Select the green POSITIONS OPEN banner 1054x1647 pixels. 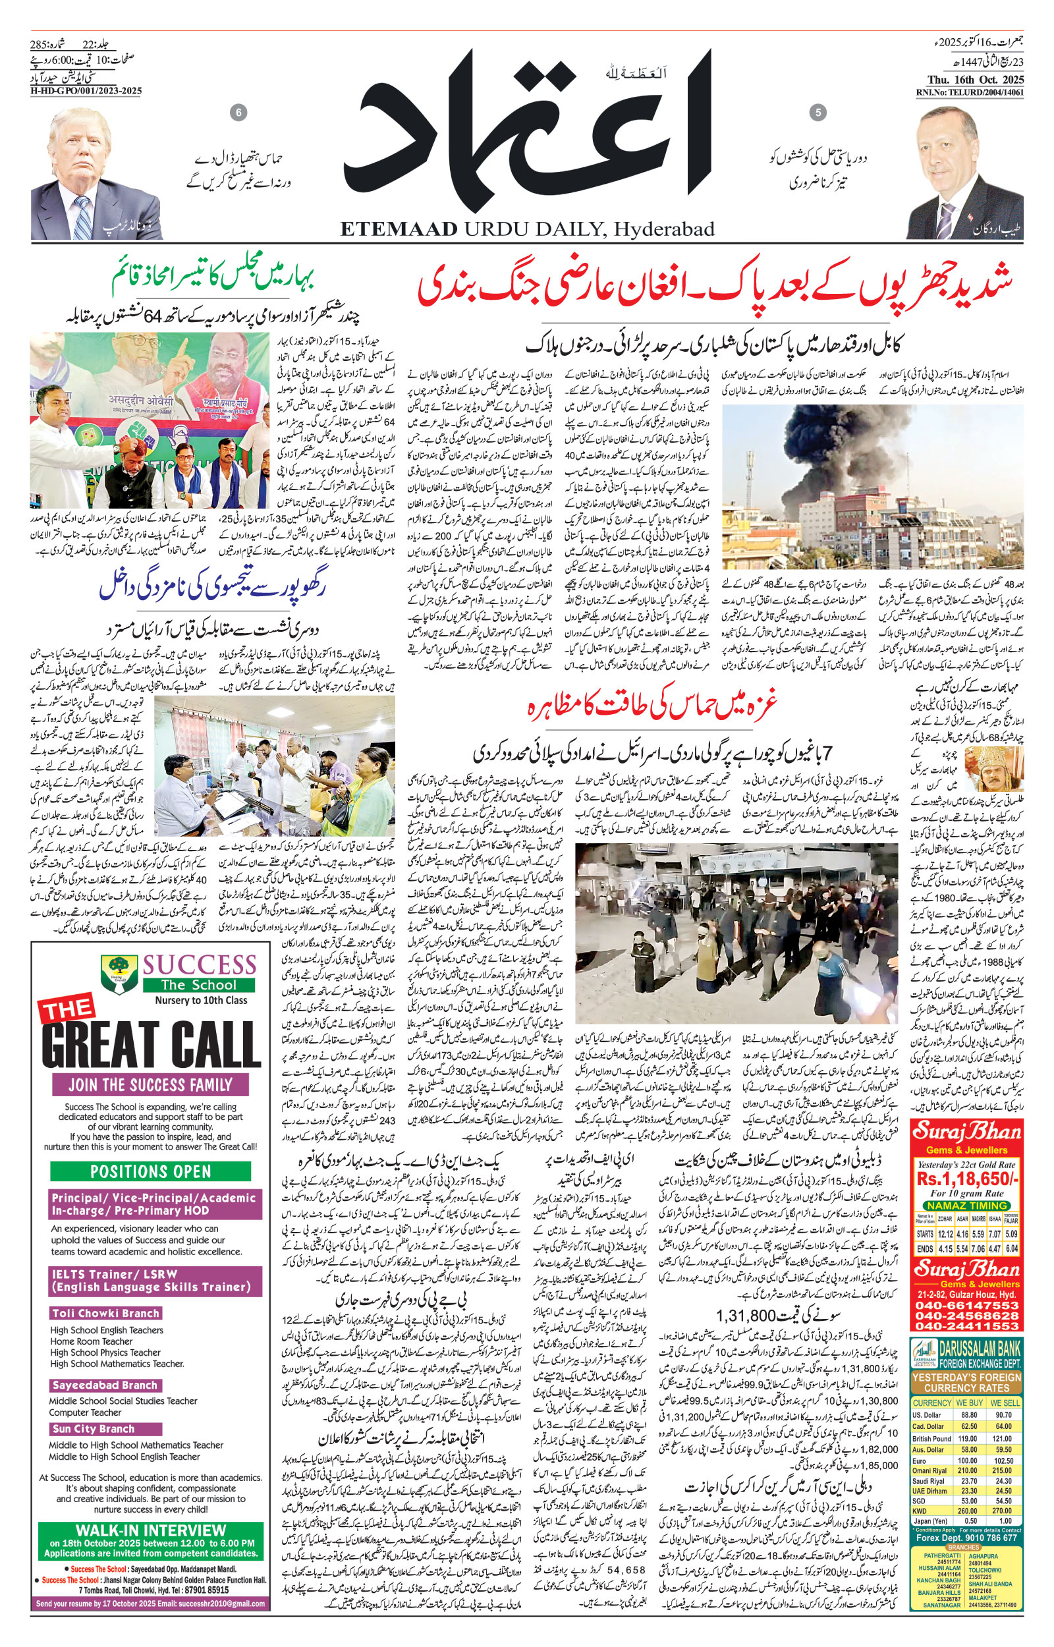pos(151,1171)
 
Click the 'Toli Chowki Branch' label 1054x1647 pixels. pos(105,1313)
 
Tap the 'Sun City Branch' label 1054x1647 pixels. pos(94,1429)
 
